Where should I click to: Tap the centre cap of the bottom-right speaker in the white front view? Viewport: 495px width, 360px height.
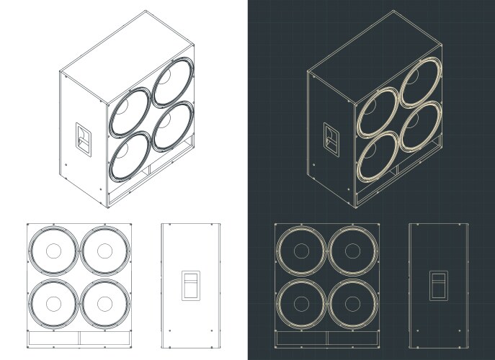tap(105, 303)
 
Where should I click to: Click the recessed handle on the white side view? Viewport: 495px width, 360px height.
tap(189, 284)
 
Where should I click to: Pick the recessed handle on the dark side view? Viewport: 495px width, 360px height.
tap(437, 284)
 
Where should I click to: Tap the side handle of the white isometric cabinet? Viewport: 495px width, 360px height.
tap(83, 137)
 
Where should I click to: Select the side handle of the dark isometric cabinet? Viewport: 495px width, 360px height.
tap(331, 137)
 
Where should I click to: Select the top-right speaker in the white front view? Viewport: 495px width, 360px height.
tap(105, 251)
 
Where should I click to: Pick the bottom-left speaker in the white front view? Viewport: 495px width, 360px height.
tap(53, 303)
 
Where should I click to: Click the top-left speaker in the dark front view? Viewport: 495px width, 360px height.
tap(301, 251)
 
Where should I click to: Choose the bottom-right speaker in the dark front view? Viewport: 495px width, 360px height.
tap(353, 303)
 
